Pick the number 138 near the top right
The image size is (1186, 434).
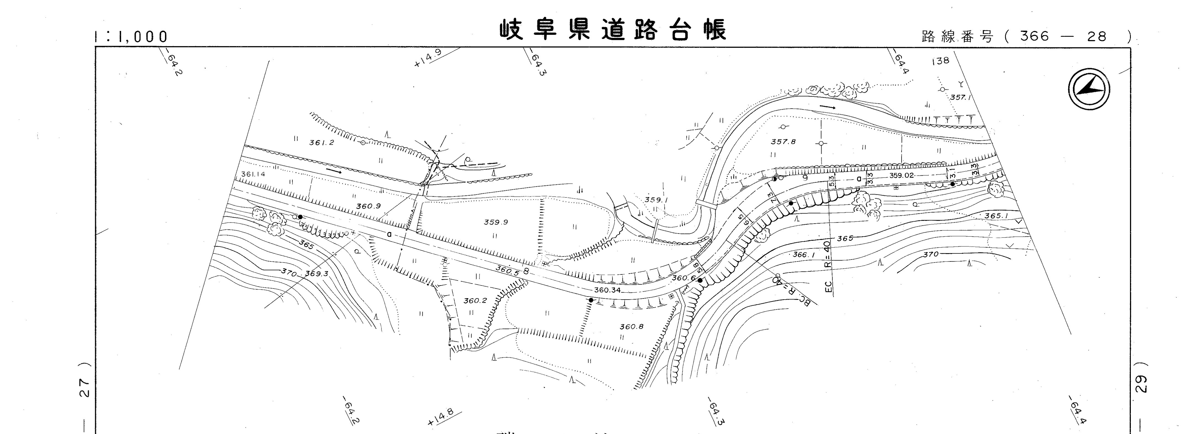pos(940,60)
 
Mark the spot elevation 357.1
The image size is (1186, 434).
pos(960,98)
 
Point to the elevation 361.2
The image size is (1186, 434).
pos(321,143)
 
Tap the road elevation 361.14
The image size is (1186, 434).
pos(253,174)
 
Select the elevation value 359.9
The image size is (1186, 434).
pos(495,222)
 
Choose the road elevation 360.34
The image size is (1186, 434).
pos(607,290)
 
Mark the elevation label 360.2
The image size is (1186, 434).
pos(475,301)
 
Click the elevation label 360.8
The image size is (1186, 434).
pos(631,327)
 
